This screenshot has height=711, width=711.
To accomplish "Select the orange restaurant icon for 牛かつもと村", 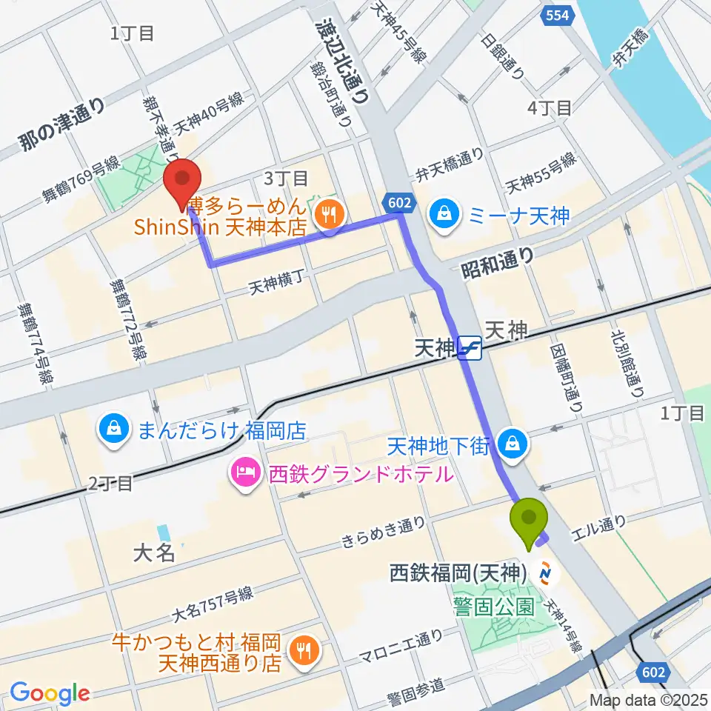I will click(x=305, y=651).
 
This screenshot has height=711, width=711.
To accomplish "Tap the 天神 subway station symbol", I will click(x=470, y=347).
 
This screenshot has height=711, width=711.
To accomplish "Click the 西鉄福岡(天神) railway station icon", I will click(x=547, y=573).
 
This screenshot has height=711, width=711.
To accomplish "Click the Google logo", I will click(x=50, y=693).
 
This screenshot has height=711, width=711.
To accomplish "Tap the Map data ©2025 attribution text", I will click(x=649, y=699).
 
